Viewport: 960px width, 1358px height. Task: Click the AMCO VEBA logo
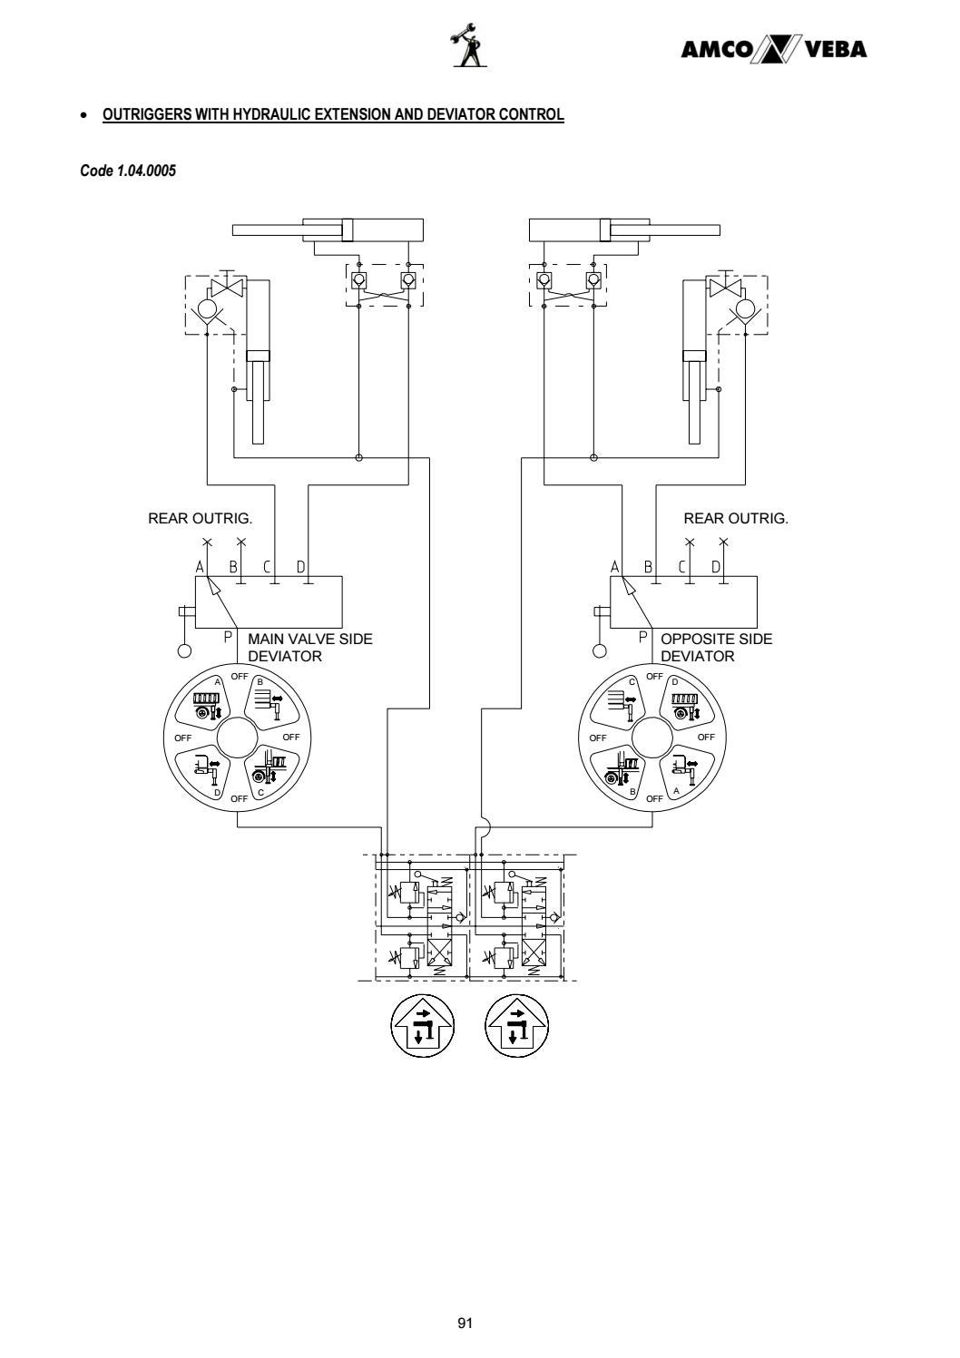[x=774, y=50]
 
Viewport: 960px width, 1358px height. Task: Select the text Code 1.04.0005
[x=127, y=171]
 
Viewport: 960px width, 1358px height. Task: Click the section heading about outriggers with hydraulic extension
[x=333, y=115]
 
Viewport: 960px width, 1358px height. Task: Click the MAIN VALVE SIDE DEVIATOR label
[x=309, y=647]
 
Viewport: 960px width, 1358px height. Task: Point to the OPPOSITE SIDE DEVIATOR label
[x=716, y=647]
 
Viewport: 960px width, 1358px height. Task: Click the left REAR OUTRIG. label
[x=200, y=519]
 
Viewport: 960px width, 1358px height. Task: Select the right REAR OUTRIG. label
[x=736, y=519]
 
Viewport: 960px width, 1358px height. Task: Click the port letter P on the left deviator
[x=229, y=638]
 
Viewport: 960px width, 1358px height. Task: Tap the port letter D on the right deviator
[x=716, y=568]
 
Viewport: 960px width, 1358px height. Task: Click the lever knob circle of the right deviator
[x=599, y=650]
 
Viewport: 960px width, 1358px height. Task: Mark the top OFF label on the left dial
[x=240, y=677]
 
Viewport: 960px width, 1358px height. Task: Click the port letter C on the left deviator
[x=268, y=568]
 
